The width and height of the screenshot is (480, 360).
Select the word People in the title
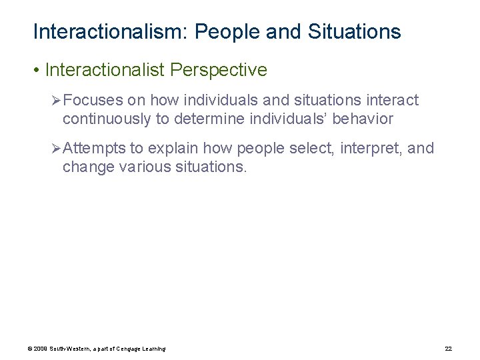228,31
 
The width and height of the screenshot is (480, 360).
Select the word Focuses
93,101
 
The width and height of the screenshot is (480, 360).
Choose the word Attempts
95,148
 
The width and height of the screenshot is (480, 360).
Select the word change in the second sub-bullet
85,166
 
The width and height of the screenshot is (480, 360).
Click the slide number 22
448,349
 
